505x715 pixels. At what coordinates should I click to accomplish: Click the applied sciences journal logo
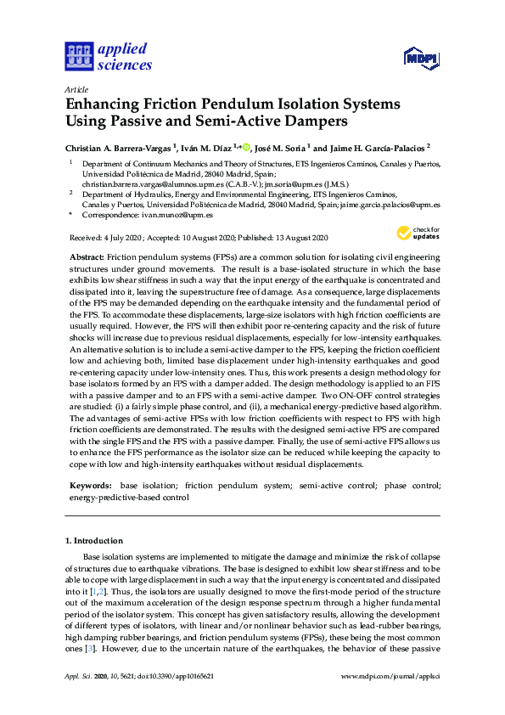(x=108, y=56)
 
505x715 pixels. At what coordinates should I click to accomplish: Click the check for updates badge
(x=417, y=233)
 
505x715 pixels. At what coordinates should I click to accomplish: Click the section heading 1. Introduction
(x=94, y=540)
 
